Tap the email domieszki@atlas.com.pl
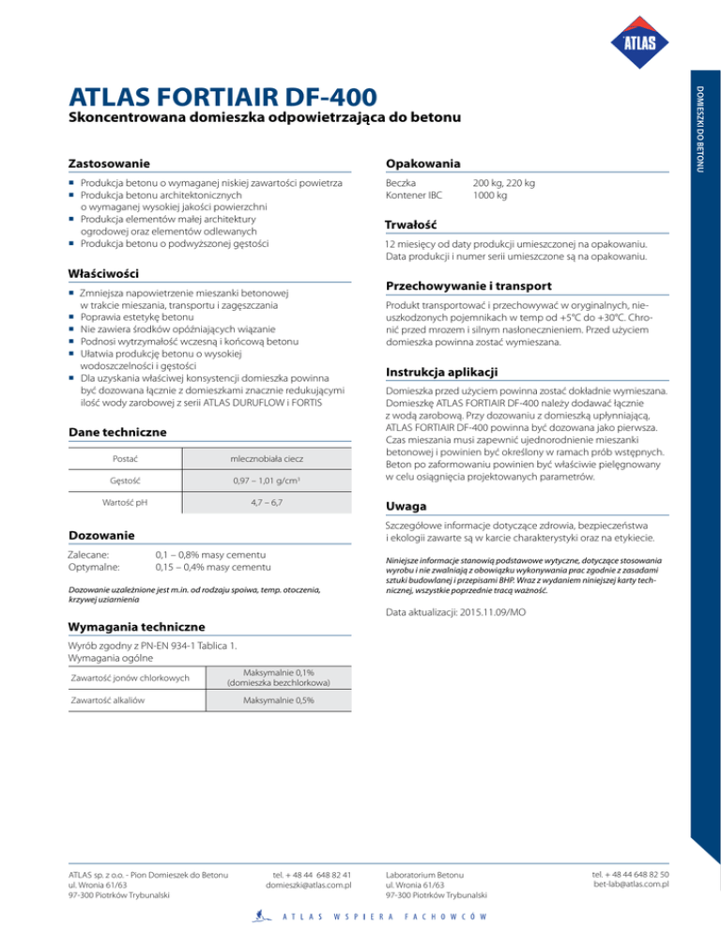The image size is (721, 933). [309, 883]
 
